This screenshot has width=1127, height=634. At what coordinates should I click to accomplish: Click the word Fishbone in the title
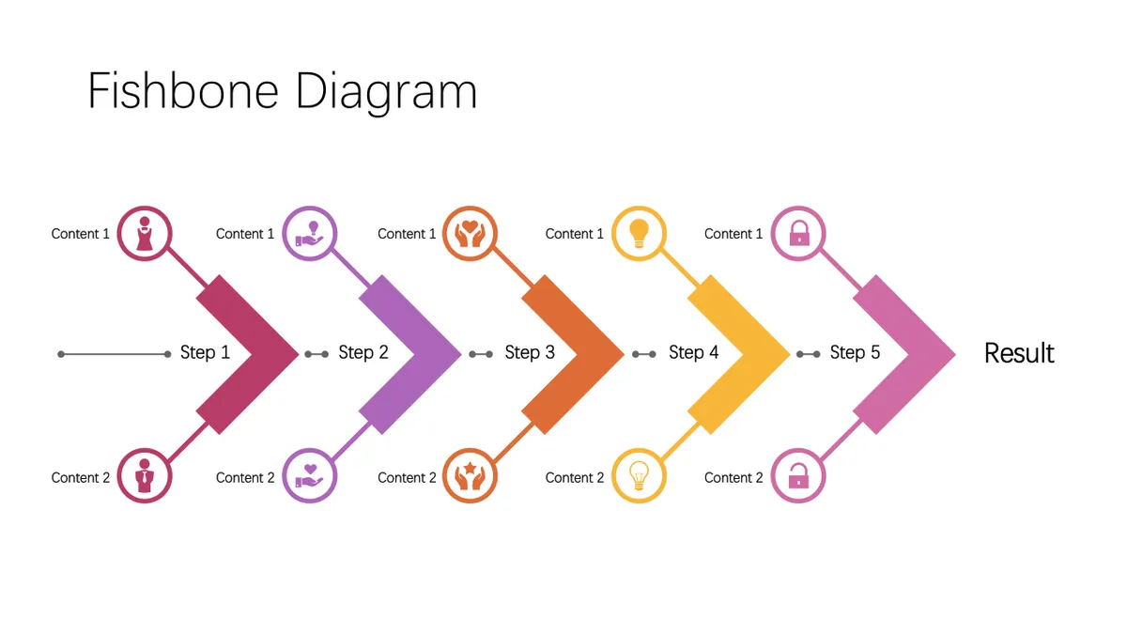[x=183, y=90]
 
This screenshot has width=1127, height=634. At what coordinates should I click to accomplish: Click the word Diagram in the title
[x=386, y=94]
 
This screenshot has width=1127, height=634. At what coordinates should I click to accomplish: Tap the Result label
[x=1019, y=353]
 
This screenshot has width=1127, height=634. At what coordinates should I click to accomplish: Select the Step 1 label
[x=205, y=352]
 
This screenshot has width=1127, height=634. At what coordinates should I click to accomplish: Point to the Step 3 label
[x=530, y=352]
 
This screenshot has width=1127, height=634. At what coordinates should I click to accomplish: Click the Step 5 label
[x=855, y=352]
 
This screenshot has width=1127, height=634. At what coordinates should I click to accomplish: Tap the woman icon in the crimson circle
[x=145, y=234]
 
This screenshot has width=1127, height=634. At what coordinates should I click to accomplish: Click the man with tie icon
[x=145, y=475]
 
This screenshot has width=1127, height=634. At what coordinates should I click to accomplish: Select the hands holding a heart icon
[x=470, y=234]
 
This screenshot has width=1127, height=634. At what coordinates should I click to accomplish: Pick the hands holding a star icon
[x=470, y=476]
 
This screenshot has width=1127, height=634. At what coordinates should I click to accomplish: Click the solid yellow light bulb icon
[x=639, y=234]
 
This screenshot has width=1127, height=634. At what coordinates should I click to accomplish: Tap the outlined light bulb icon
[x=639, y=475]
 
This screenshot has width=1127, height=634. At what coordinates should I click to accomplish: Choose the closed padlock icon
[x=799, y=233]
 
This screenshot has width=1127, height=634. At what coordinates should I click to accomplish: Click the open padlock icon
[x=798, y=476]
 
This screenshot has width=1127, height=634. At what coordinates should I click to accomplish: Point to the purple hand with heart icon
[x=309, y=476]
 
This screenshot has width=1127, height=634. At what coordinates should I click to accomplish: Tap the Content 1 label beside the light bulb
[x=574, y=234]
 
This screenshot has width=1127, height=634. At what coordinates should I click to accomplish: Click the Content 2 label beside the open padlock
[x=733, y=477]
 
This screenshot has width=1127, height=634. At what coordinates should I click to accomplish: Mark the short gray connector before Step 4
[x=644, y=354]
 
